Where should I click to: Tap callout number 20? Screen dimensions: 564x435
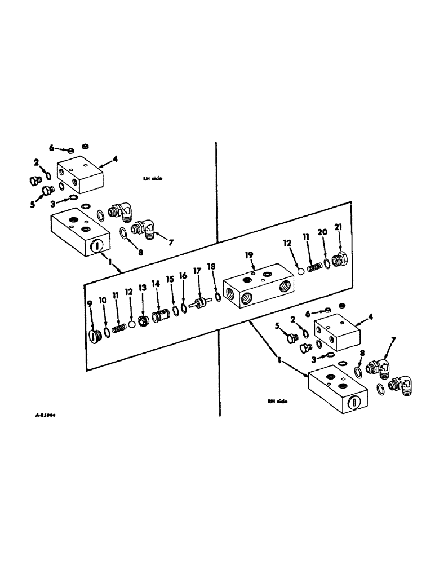tap(322, 232)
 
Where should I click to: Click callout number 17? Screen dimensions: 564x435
tap(197, 271)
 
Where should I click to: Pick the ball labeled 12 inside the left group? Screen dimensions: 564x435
tap(131, 325)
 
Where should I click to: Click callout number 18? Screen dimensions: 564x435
tap(211, 266)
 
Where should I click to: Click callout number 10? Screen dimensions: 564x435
tap(103, 301)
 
